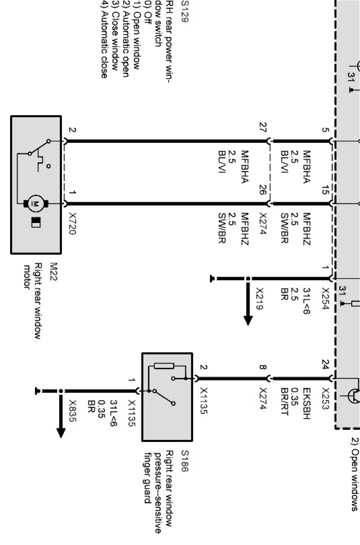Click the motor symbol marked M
click(35, 203)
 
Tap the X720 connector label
click(72, 224)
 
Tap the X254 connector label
click(325, 299)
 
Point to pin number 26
click(263, 190)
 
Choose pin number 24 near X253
click(325, 364)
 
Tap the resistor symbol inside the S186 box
click(164, 366)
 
